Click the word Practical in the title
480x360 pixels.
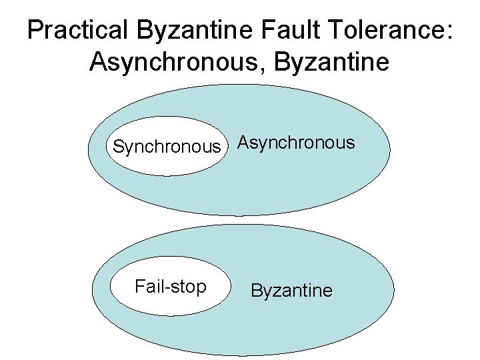pyautogui.click(x=78, y=31)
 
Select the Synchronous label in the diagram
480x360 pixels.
pyautogui.click(x=167, y=147)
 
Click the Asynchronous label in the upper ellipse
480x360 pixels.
pyautogui.click(x=297, y=143)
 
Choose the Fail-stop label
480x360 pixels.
pyautogui.click(x=170, y=287)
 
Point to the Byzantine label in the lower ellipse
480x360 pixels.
pyautogui.click(x=291, y=291)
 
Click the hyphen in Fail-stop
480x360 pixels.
pyautogui.click(x=165, y=288)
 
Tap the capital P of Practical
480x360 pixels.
pyautogui.click(x=35, y=31)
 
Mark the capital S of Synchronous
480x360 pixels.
pyautogui.click(x=119, y=147)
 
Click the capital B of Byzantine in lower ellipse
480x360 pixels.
pyautogui.click(x=255, y=291)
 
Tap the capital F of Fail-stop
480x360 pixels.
pyautogui.click(x=139, y=287)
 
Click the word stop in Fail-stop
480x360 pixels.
pyautogui.click(x=187, y=287)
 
